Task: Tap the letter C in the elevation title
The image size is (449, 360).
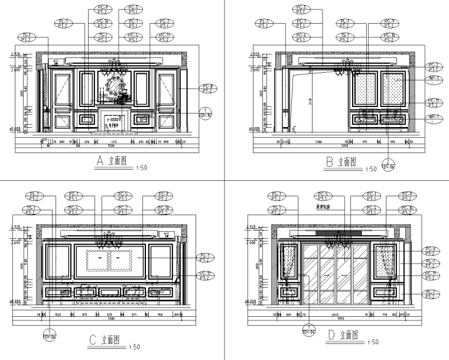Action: tap(92, 339)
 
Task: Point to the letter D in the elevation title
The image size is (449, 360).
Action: tap(331, 335)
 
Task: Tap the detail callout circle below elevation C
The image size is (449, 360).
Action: tap(50, 333)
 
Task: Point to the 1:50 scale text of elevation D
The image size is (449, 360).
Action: tap(372, 342)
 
